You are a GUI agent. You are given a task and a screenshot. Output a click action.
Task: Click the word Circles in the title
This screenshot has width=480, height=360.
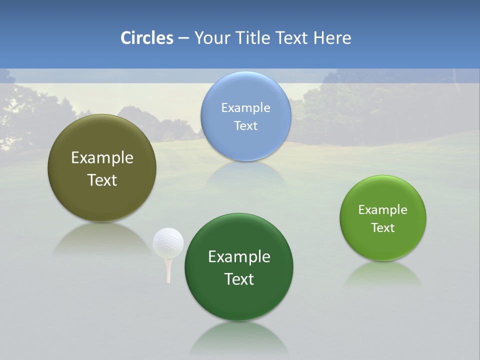147,38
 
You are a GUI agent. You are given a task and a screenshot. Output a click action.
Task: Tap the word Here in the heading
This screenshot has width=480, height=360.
332,38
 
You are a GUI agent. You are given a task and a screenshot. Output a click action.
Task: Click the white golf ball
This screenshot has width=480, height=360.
168,242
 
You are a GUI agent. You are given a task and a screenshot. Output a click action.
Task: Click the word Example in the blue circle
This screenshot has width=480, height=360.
245,107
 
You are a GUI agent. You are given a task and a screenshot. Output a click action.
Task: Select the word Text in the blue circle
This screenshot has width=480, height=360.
245,125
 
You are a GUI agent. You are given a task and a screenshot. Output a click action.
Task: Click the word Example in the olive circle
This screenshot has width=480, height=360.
102,158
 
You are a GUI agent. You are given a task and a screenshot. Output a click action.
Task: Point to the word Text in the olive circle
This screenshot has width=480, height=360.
102,180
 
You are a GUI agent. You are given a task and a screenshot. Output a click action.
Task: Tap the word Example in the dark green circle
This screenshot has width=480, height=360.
239,257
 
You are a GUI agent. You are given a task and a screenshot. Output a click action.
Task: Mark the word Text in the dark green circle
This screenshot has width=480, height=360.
239,279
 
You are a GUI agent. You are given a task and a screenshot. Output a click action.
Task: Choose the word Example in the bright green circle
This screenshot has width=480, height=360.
383,210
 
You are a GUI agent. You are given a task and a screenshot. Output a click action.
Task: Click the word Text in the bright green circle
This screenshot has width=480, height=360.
383,228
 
